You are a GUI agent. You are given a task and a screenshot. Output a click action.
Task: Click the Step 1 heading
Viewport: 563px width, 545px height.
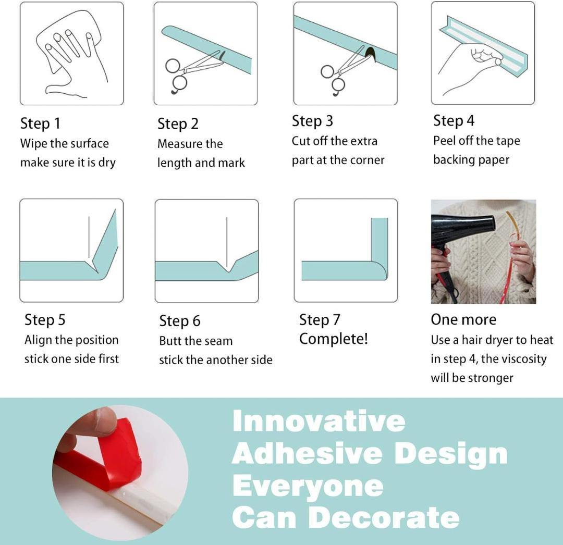(40, 124)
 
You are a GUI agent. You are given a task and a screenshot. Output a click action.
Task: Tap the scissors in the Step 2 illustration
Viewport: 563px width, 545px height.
(194, 72)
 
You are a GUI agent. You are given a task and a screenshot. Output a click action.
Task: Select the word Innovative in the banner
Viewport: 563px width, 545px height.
(319, 421)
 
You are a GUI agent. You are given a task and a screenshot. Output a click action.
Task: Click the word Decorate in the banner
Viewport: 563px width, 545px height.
(384, 517)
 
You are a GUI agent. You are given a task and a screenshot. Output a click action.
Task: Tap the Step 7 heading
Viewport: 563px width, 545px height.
(320, 320)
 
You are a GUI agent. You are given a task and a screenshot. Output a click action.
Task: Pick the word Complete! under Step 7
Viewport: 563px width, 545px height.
(334, 339)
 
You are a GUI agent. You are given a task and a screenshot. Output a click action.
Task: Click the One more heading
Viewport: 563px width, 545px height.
(463, 319)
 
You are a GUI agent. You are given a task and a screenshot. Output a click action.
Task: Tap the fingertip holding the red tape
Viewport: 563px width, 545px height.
(104, 420)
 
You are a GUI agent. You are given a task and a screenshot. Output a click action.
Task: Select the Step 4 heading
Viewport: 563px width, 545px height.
(454, 121)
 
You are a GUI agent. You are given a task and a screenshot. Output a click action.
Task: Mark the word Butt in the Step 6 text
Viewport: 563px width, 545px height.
(168, 341)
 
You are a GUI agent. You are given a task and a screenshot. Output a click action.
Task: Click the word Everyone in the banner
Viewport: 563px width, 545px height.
(308, 487)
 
